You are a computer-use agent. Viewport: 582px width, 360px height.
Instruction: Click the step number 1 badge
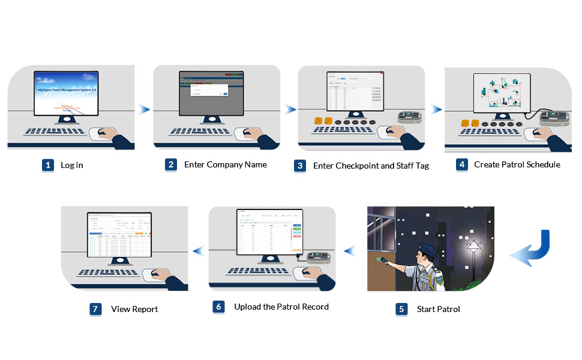(48, 165)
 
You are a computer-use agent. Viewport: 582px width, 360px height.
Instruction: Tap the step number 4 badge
(461, 164)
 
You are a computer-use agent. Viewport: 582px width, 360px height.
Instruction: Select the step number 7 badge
(96, 309)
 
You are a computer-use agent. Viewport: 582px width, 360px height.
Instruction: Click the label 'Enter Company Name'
(225, 164)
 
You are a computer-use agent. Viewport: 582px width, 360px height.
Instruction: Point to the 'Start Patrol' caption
(438, 310)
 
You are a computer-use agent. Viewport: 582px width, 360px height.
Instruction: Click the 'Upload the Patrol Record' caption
(281, 307)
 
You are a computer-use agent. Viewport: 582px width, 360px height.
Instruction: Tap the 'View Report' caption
(134, 309)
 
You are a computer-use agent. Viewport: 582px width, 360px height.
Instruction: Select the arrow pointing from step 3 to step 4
(436, 109)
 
